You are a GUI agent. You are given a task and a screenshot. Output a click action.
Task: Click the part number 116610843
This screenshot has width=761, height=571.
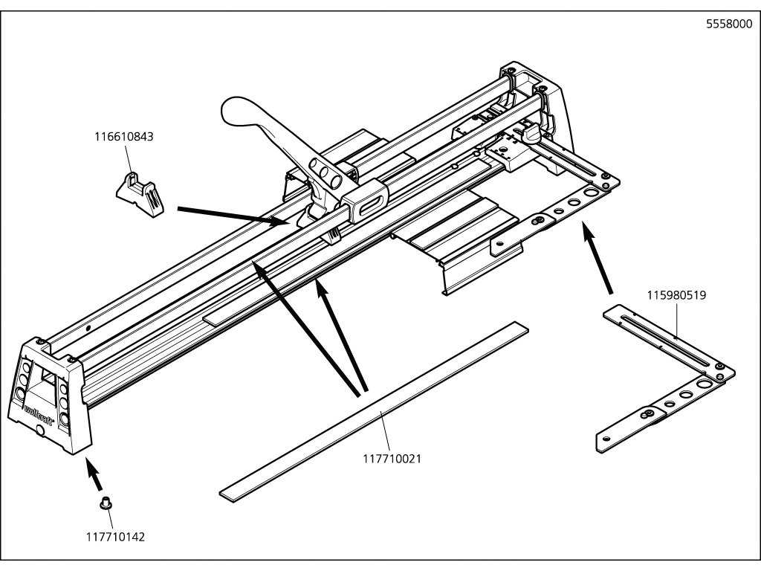124,137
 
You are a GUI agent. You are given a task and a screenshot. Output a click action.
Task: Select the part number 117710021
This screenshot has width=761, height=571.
392,458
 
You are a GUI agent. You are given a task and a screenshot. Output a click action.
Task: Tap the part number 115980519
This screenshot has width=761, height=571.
676,294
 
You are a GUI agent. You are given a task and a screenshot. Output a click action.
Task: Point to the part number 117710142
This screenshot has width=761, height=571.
115,537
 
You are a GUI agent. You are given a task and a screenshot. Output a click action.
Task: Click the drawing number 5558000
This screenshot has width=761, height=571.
729,25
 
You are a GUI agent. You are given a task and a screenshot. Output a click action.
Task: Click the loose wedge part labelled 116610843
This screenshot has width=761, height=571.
140,195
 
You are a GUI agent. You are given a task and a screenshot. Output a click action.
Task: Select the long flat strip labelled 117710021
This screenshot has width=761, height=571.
375,412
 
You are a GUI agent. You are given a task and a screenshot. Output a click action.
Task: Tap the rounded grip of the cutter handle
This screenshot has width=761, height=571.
240,113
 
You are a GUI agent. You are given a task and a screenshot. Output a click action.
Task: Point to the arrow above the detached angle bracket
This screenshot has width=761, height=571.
597,257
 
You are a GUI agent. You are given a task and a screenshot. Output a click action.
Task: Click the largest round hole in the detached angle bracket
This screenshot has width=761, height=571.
703,384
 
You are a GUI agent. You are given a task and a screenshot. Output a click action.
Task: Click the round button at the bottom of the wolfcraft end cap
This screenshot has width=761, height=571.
41,430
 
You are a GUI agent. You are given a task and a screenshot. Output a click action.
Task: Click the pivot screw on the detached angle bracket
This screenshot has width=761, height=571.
647,414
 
